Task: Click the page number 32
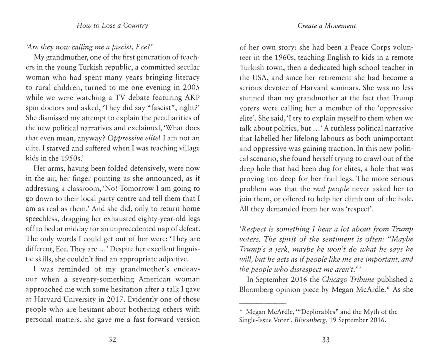click(x=112, y=340)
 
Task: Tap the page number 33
click(x=326, y=340)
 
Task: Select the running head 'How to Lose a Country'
click(x=112, y=25)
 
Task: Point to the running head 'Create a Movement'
click(x=326, y=26)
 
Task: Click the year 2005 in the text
click(x=191, y=88)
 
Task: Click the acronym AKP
click(x=192, y=98)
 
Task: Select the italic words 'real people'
click(x=331, y=189)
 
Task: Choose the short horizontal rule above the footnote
click(x=263, y=303)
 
